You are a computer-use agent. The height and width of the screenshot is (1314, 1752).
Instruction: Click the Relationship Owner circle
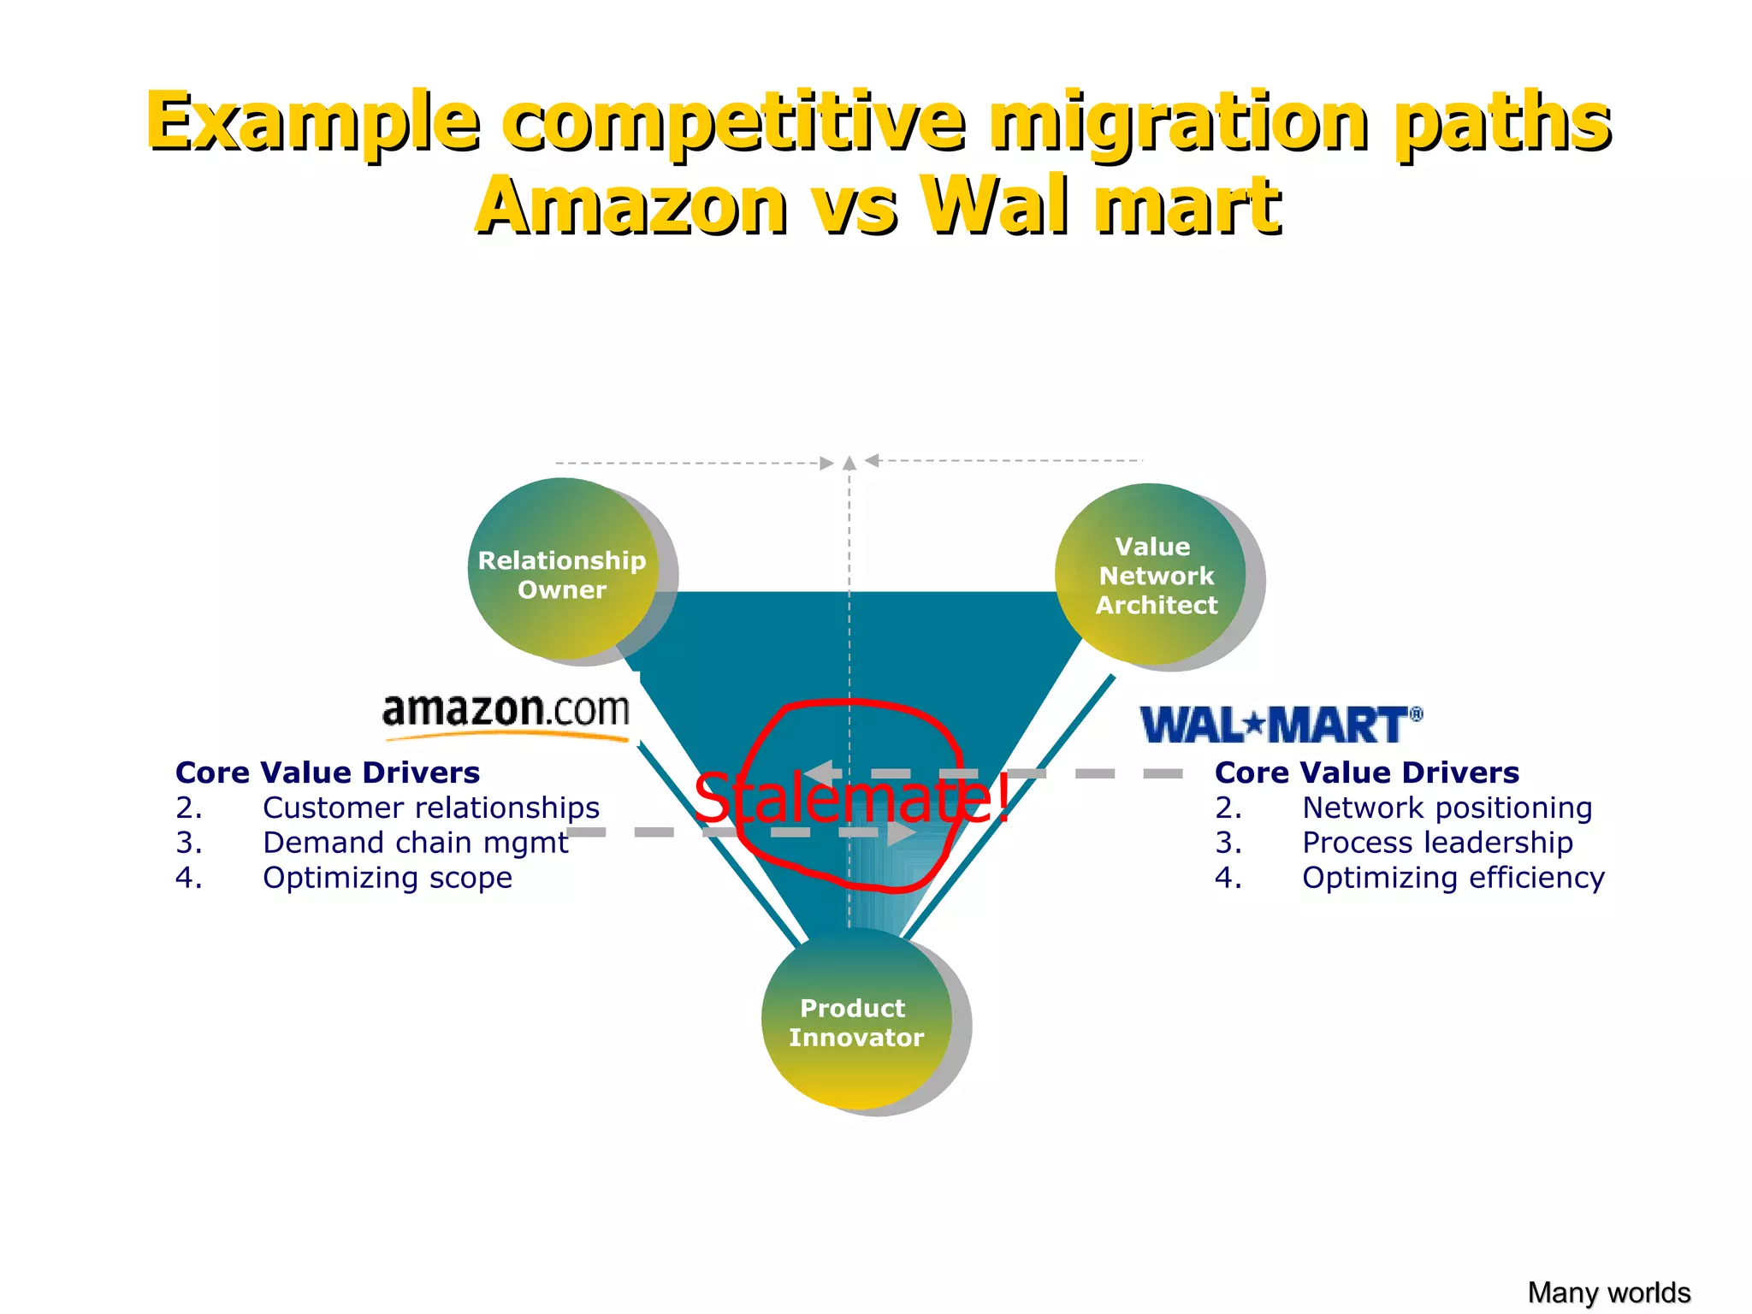[562, 569]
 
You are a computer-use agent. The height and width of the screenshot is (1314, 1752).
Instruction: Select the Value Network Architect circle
[1151, 574]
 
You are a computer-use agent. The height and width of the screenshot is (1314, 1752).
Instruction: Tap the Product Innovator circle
[855, 1020]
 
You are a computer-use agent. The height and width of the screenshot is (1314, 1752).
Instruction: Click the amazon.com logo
[506, 714]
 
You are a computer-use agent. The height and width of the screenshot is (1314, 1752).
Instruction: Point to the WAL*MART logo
[1281, 725]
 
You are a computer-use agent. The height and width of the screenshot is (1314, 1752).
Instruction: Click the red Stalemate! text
[851, 798]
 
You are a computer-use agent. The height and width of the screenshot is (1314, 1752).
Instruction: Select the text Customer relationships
[430, 808]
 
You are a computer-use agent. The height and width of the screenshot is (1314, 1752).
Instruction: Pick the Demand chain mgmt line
[415, 843]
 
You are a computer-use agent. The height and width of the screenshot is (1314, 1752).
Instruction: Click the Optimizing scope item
[387, 878]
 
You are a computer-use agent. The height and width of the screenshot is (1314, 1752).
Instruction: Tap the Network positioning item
[1447, 808]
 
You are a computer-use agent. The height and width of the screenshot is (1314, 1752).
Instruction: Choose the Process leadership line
[1437, 843]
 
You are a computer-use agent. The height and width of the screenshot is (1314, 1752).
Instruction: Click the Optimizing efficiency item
[1453, 878]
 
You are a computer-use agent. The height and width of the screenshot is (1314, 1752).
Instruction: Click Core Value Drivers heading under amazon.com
[328, 772]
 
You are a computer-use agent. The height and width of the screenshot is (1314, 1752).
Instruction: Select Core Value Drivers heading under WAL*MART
[1366, 772]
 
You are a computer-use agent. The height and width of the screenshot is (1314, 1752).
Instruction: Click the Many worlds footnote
[1608, 1292]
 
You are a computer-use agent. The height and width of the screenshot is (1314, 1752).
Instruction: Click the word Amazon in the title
[631, 205]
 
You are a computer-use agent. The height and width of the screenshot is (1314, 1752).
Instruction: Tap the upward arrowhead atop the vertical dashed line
[849, 464]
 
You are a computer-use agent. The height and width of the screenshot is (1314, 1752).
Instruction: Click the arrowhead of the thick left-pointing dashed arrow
[820, 773]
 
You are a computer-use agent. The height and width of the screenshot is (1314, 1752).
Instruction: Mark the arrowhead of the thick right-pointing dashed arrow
[902, 832]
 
